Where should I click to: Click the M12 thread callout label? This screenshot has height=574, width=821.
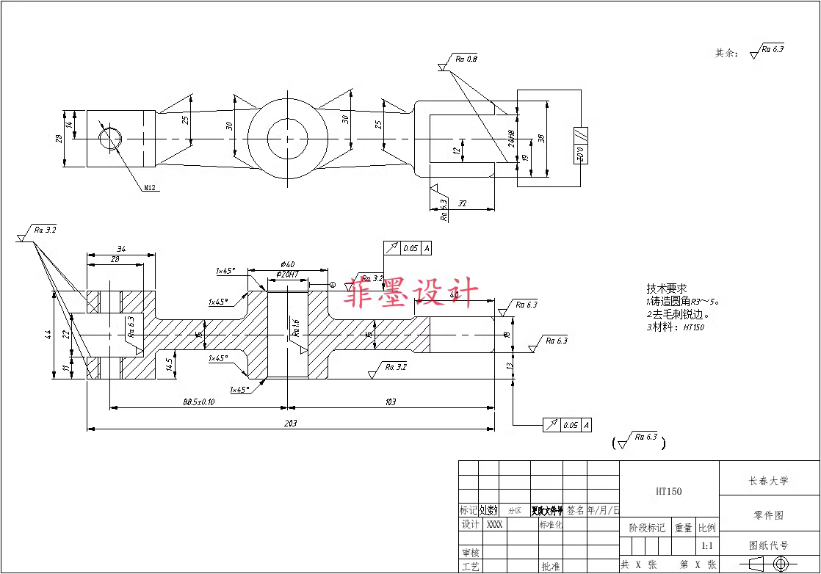tap(150, 188)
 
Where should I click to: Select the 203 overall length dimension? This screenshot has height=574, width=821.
tap(290, 423)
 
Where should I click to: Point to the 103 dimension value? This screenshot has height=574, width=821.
tap(390, 402)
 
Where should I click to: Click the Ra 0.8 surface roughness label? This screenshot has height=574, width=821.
tap(466, 59)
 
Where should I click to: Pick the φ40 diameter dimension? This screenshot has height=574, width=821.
tap(287, 264)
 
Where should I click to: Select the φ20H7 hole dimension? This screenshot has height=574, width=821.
tap(287, 274)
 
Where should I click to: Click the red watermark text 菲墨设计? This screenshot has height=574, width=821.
tap(413, 292)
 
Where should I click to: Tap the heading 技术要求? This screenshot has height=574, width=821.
tap(666, 288)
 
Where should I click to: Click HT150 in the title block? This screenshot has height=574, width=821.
tap(668, 491)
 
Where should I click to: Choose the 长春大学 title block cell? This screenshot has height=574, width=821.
tap(768, 482)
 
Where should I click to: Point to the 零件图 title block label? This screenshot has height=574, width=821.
tap(768, 515)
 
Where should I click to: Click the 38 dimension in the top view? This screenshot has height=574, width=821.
tap(541, 137)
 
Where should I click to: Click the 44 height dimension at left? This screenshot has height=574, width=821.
tap(48, 335)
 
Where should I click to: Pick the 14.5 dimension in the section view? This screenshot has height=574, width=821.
tap(170, 363)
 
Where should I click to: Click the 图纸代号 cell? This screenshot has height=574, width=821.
tap(768, 545)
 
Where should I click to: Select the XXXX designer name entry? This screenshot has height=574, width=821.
tap(495, 525)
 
